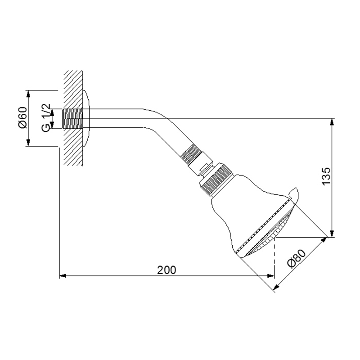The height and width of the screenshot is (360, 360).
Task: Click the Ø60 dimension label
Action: pyautogui.click(x=23, y=117)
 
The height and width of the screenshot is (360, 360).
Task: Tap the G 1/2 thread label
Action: pyautogui.click(x=46, y=118)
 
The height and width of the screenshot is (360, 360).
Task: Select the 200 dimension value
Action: pyautogui.click(x=166, y=270)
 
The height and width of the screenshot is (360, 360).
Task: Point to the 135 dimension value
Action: pyautogui.click(x=326, y=176)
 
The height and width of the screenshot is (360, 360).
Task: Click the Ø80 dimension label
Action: pyautogui.click(x=297, y=258)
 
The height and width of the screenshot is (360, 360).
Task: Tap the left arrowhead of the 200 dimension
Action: pyautogui.click(x=63, y=276)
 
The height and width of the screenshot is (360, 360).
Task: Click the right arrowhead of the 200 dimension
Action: pyautogui.click(x=271, y=276)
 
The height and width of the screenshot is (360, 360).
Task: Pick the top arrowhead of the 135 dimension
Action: pyautogui.click(x=332, y=121)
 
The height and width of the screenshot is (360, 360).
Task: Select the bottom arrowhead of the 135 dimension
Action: pyautogui.click(x=332, y=234)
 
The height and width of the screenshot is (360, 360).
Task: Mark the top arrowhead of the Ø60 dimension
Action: pyautogui.click(x=28, y=94)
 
